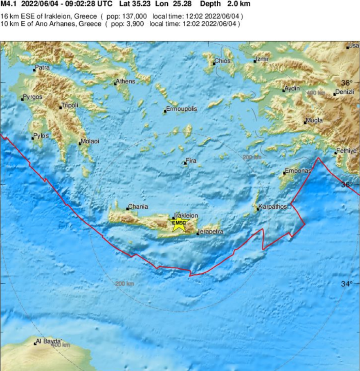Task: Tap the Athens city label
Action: (126, 81)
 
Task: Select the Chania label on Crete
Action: (138, 207)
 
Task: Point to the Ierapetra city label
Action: (210, 232)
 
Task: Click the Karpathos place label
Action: (273, 207)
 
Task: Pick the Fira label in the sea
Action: (191, 161)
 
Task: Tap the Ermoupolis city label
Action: (181, 109)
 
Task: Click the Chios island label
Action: (222, 61)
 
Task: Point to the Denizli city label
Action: (344, 92)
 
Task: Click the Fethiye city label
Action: (346, 151)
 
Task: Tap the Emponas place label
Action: (298, 171)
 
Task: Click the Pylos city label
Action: (41, 136)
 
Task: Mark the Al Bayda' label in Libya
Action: (49, 341)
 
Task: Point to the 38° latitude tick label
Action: (347, 82)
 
